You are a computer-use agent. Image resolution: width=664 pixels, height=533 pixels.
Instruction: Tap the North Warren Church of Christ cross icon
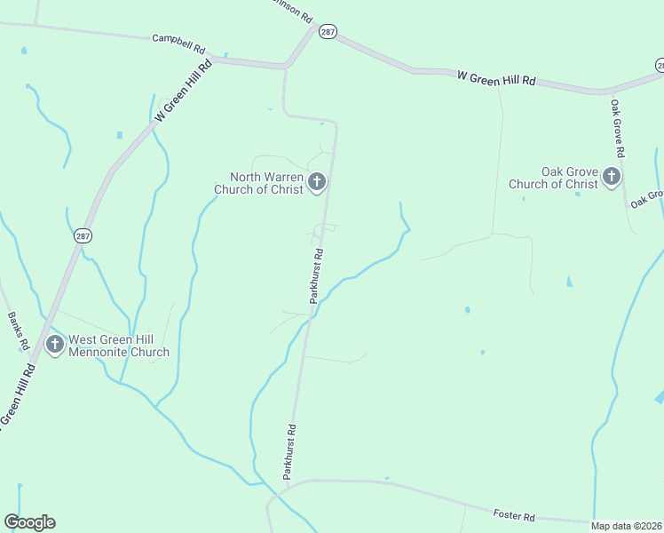(x=317, y=183)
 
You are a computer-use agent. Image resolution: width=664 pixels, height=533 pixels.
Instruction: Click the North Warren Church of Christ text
(x=258, y=182)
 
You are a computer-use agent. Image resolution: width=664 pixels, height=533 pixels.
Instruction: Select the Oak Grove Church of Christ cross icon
(x=611, y=178)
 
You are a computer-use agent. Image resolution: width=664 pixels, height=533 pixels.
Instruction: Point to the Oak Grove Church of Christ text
(x=553, y=178)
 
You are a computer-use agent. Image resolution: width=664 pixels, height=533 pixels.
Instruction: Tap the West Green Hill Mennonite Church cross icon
(x=55, y=345)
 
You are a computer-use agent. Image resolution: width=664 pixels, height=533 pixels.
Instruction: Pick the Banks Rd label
(x=18, y=330)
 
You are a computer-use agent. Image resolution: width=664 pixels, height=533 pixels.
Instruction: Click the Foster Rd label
(x=515, y=516)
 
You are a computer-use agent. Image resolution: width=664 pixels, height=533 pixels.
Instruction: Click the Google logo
(x=29, y=522)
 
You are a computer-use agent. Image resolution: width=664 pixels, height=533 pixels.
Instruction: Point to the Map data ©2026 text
(x=627, y=526)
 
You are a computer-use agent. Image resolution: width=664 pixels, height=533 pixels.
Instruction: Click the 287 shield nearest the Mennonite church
(x=82, y=236)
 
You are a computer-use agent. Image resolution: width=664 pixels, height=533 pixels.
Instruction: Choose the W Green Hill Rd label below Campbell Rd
(x=184, y=91)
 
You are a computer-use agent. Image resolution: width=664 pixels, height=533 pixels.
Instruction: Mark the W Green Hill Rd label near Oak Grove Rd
(x=496, y=78)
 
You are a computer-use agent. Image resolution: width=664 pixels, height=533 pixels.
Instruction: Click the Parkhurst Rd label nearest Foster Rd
(x=289, y=452)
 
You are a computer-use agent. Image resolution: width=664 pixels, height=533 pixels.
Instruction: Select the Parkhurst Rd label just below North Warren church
(x=316, y=276)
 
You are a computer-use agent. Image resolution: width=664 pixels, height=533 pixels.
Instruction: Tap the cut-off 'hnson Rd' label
(x=294, y=12)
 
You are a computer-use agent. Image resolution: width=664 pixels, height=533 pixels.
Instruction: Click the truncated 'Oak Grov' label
(x=647, y=199)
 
